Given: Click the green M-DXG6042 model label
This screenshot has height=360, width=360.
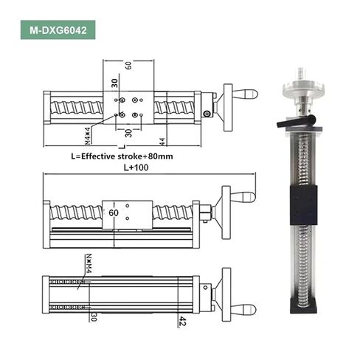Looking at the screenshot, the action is (58, 30).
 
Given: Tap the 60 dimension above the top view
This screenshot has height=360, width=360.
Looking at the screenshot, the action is (128, 65).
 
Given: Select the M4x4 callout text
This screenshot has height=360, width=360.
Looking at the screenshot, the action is (87, 135).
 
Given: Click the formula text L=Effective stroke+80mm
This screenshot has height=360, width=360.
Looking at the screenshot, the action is (122, 156).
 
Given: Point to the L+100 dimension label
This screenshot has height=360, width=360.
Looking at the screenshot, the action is (136, 167).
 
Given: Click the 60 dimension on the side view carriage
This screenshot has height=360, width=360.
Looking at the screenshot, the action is (114, 212).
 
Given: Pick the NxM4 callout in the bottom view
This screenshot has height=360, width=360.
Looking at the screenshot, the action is (89, 263).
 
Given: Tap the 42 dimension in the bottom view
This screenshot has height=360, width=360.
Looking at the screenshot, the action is (182, 322).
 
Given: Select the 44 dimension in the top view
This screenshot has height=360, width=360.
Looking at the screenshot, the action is (162, 142).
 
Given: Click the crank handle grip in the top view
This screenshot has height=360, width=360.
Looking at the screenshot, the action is (246, 94).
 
